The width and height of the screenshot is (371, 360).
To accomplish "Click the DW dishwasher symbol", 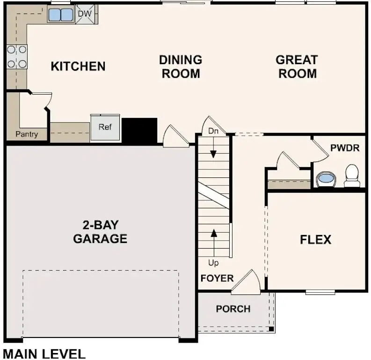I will [x=85, y=14].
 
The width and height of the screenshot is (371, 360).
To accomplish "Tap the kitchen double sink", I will [x=61, y=15].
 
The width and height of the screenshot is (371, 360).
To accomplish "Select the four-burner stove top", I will [x=16, y=56].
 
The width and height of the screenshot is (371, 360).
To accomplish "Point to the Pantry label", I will [x=26, y=134].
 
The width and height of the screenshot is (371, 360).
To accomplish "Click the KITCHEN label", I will [x=78, y=66].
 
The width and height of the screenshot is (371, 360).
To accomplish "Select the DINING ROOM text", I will [x=181, y=66].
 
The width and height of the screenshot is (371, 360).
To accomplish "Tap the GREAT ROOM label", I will [x=297, y=66].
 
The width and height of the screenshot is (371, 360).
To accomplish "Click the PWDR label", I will [x=344, y=148].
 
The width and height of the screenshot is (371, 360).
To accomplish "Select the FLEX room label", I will [x=315, y=240].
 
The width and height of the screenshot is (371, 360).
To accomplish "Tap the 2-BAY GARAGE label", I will [x=100, y=232].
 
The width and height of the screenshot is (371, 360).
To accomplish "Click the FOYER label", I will [x=217, y=278].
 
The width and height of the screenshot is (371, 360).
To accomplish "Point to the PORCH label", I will [x=233, y=309].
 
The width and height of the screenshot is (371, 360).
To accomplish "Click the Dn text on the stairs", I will [x=213, y=132].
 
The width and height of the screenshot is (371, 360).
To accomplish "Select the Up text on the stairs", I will [x=213, y=263].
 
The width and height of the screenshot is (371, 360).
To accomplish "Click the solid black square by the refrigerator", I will [x=139, y=131].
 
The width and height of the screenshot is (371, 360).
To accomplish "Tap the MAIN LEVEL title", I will [x=44, y=353].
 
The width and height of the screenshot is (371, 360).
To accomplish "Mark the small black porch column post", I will [x=271, y=329].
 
